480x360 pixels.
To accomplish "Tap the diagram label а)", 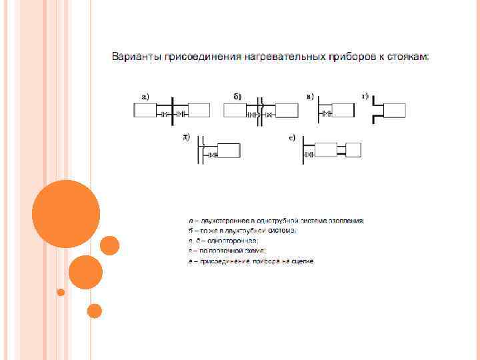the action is [145, 96].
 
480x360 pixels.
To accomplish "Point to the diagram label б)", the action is [237, 96].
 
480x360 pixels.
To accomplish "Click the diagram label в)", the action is [311, 96].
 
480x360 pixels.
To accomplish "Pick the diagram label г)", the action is [365, 96].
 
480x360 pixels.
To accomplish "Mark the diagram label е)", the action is [292, 138].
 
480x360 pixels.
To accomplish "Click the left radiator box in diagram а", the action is [145, 111].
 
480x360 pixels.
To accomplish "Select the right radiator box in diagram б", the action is [287, 111].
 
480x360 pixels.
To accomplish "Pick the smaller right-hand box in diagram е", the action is [353, 149].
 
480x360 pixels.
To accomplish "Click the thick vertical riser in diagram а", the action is [173, 110].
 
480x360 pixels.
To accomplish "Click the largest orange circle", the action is [66, 214].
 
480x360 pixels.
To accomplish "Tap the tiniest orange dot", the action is [61, 292].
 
